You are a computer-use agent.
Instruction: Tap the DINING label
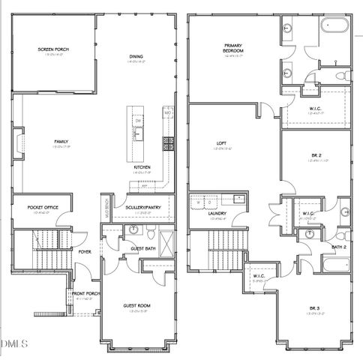pyautogui.click(x=136, y=55)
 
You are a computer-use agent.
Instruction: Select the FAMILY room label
pyautogui.click(x=61, y=141)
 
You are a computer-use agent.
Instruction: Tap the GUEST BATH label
pyautogui.click(x=142, y=248)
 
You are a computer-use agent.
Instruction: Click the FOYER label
pyautogui.click(x=86, y=252)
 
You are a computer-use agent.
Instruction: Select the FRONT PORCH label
pyautogui.click(x=82, y=294)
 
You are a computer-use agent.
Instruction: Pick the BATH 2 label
pyautogui.click(x=339, y=246)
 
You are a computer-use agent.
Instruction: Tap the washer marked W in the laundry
pyautogui.click(x=199, y=202)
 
